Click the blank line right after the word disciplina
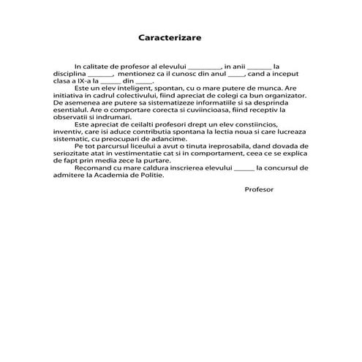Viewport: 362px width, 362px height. tap(100, 75)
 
